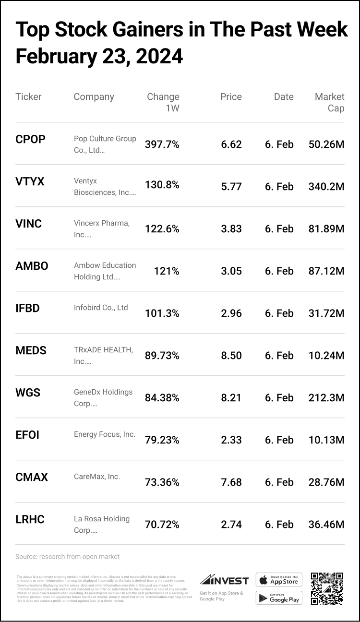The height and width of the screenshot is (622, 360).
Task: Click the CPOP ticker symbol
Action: tap(30, 139)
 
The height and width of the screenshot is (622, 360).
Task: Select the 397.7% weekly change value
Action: tap(162, 144)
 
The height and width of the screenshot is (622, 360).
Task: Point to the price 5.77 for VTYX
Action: tap(231, 187)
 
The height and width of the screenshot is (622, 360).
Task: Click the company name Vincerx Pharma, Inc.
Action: tap(102, 229)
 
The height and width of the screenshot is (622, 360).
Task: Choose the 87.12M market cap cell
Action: tap(326, 271)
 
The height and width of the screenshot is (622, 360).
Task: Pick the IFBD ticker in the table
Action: tap(27, 308)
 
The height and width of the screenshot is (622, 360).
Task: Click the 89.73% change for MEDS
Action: tap(162, 356)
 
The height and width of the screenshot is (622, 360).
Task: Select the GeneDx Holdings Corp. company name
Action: tap(103, 398)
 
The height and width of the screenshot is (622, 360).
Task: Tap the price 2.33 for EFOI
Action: tap(231, 440)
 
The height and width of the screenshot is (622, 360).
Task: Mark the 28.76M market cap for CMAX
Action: tap(326, 482)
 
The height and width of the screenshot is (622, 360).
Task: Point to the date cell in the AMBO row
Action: tap(279, 271)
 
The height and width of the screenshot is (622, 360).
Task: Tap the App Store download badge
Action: tap(279, 579)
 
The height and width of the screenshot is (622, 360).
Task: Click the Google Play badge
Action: tap(279, 598)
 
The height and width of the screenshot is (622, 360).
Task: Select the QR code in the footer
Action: tap(327, 588)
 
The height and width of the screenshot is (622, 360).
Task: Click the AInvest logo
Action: tap(224, 580)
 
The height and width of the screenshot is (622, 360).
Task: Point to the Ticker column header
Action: tap(28, 96)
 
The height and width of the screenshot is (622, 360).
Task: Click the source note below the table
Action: tap(67, 557)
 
